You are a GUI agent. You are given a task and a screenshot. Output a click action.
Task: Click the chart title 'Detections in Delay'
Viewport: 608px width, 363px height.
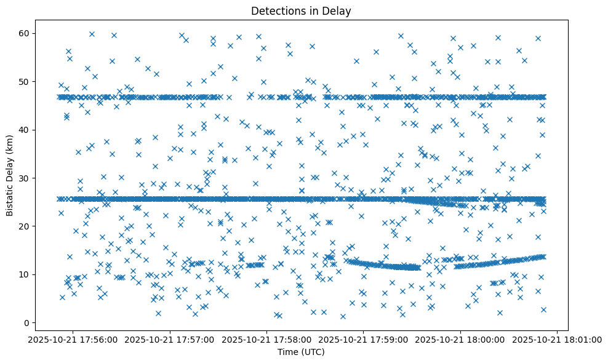click(301, 10)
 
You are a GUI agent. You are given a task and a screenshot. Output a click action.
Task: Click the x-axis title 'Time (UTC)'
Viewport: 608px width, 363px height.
click(301, 353)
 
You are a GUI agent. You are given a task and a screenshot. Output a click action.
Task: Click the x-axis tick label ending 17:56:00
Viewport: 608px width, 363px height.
click(73, 339)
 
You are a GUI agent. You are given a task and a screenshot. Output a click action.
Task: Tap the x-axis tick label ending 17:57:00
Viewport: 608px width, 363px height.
click(170, 339)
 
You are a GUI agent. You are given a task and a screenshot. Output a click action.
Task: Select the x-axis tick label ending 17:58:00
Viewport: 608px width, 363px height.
click(267, 339)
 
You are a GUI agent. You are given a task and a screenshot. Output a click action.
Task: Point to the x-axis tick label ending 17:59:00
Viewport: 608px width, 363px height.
click(364, 339)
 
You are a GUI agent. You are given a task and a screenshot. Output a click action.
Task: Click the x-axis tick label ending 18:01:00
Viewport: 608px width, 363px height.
click(558, 339)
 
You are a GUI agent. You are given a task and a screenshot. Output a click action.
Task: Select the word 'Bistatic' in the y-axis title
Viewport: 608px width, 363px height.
click(10, 197)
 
